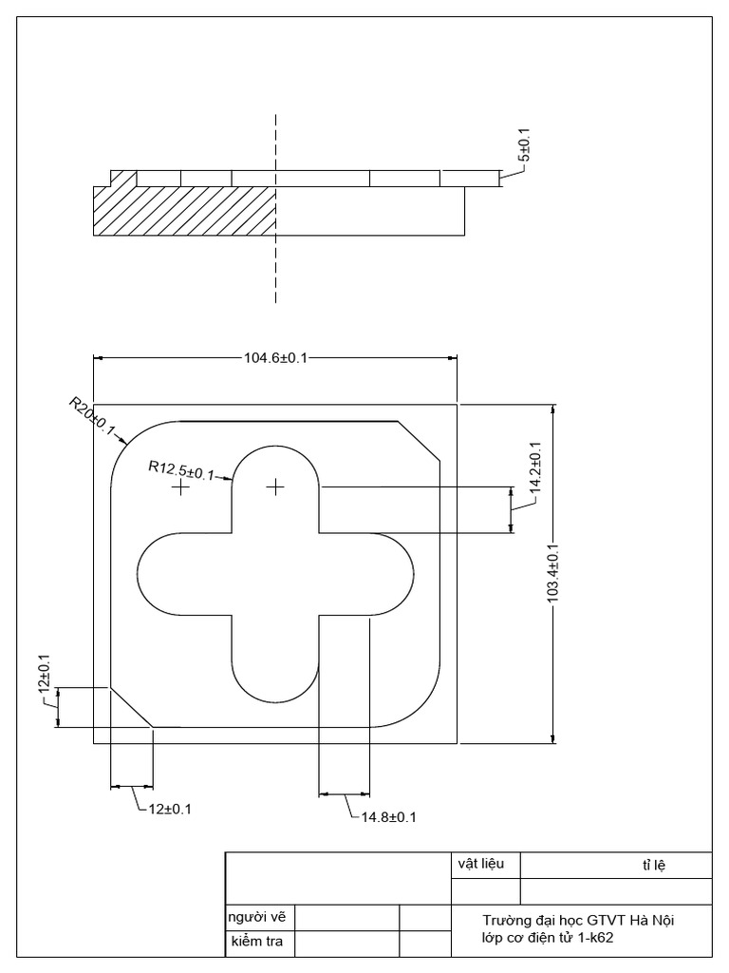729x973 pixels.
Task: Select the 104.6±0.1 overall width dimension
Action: click(276, 358)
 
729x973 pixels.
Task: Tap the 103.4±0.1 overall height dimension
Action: click(553, 573)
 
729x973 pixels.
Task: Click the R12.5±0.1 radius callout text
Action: click(181, 469)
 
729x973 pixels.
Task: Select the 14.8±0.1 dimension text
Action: click(388, 816)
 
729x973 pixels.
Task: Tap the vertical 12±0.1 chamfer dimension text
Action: click(43, 673)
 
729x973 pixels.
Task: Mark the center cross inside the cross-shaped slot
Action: click(275, 486)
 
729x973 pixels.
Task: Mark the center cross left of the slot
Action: click(179, 486)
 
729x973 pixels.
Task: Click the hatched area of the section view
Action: click(180, 211)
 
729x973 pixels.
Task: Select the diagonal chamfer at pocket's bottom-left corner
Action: click(132, 706)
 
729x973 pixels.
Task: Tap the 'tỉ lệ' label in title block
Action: click(654, 866)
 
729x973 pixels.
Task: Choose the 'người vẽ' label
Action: click(256, 917)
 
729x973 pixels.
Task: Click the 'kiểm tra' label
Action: click(256, 943)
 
